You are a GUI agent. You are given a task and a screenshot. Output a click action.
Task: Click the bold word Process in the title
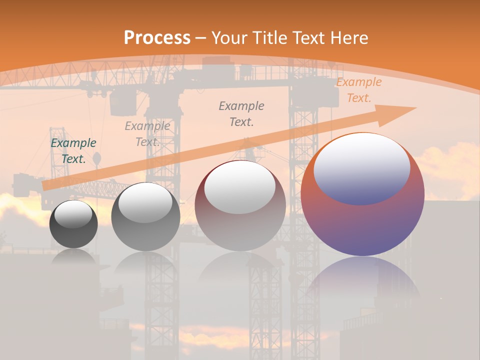[157, 37]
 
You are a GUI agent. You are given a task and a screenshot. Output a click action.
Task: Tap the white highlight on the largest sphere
[362, 167]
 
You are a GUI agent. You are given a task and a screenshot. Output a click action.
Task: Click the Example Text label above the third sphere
[241, 113]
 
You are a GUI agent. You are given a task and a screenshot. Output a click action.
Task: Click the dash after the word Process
[201, 37]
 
